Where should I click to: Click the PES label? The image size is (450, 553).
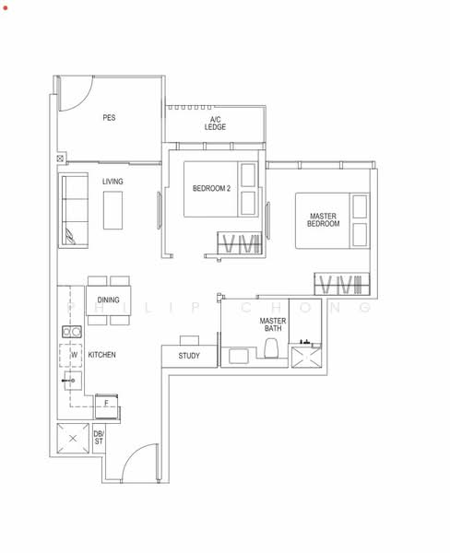109,118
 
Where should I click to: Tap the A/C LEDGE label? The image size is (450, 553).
216,124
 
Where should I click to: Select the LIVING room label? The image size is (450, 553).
112,182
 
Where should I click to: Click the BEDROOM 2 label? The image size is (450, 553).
211,189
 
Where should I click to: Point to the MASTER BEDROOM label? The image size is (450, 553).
324,219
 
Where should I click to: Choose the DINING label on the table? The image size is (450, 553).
109,300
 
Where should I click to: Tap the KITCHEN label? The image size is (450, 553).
101,355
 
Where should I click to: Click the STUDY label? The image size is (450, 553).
189,356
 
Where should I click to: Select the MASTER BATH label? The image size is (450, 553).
273,324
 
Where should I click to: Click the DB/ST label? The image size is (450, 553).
99,438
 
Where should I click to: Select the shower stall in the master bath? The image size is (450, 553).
304,356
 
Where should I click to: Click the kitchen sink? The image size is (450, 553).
71,379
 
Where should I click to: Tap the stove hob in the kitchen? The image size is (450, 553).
69,331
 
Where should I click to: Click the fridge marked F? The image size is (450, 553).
108,404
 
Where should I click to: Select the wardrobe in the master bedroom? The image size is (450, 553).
341,282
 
